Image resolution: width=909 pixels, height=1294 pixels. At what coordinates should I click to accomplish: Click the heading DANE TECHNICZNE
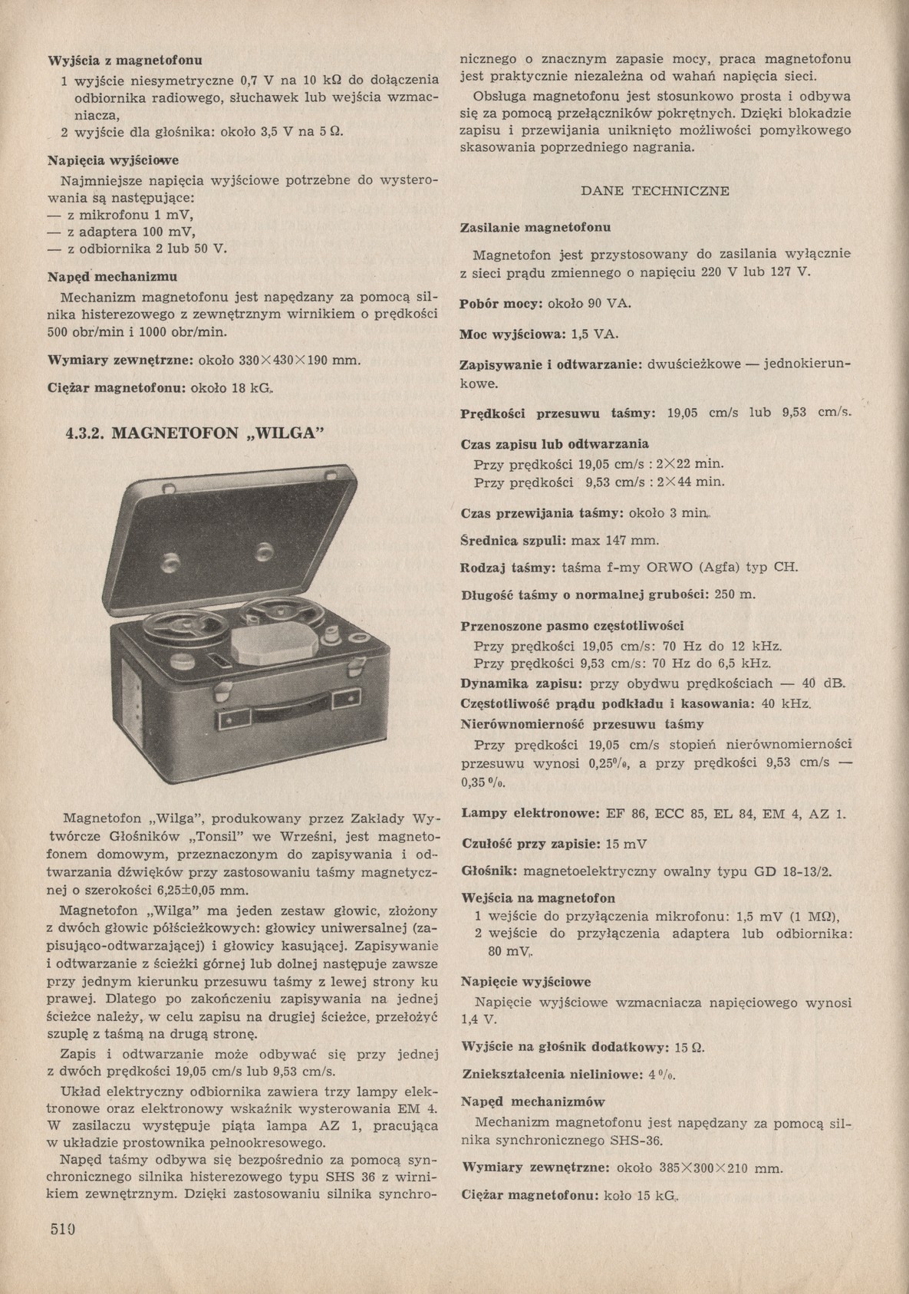pos(655,191)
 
